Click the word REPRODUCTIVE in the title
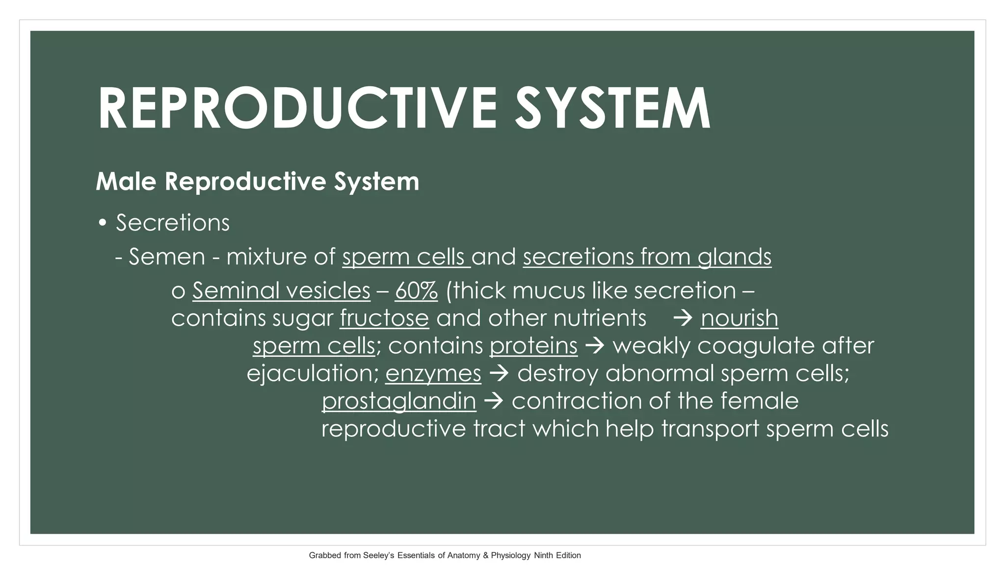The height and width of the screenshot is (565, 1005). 297,109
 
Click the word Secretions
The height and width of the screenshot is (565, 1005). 173,223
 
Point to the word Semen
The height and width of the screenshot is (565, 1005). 167,257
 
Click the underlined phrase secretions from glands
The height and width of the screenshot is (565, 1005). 647,257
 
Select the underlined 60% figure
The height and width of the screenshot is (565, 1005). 416,291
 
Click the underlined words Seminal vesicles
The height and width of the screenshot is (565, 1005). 281,291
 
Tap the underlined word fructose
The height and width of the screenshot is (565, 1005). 384,318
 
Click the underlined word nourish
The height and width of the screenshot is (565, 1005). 739,318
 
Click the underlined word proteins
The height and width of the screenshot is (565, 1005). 533,346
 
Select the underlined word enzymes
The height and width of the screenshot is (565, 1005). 433,374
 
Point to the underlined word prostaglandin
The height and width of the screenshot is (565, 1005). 398,401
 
